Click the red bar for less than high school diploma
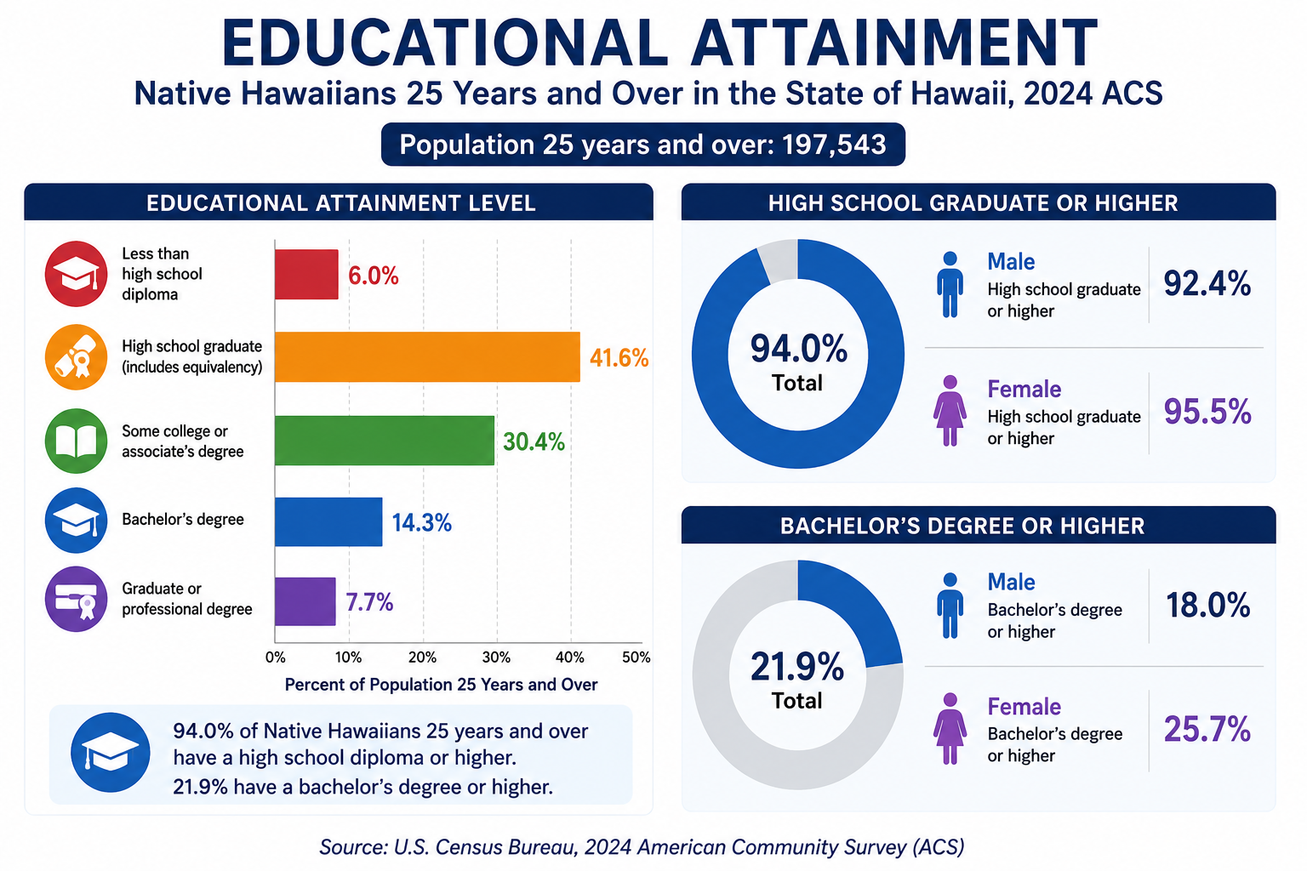[306, 274]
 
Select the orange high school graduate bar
[428, 357]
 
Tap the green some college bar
[385, 441]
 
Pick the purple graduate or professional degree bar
[305, 601]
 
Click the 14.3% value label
[421, 523]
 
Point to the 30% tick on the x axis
[497, 658]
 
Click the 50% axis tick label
[636, 658]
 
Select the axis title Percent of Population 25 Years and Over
[441, 685]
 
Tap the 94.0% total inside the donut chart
[798, 349]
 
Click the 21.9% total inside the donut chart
[797, 667]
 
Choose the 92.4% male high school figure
[1207, 284]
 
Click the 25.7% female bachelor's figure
[1207, 729]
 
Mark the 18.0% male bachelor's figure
[1207, 605]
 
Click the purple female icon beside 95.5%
[950, 411]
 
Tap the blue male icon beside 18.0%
[950, 606]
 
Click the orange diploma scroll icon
[77, 357]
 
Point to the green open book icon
[77, 441]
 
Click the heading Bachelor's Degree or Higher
[962, 526]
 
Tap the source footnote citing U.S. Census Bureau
[642, 846]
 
